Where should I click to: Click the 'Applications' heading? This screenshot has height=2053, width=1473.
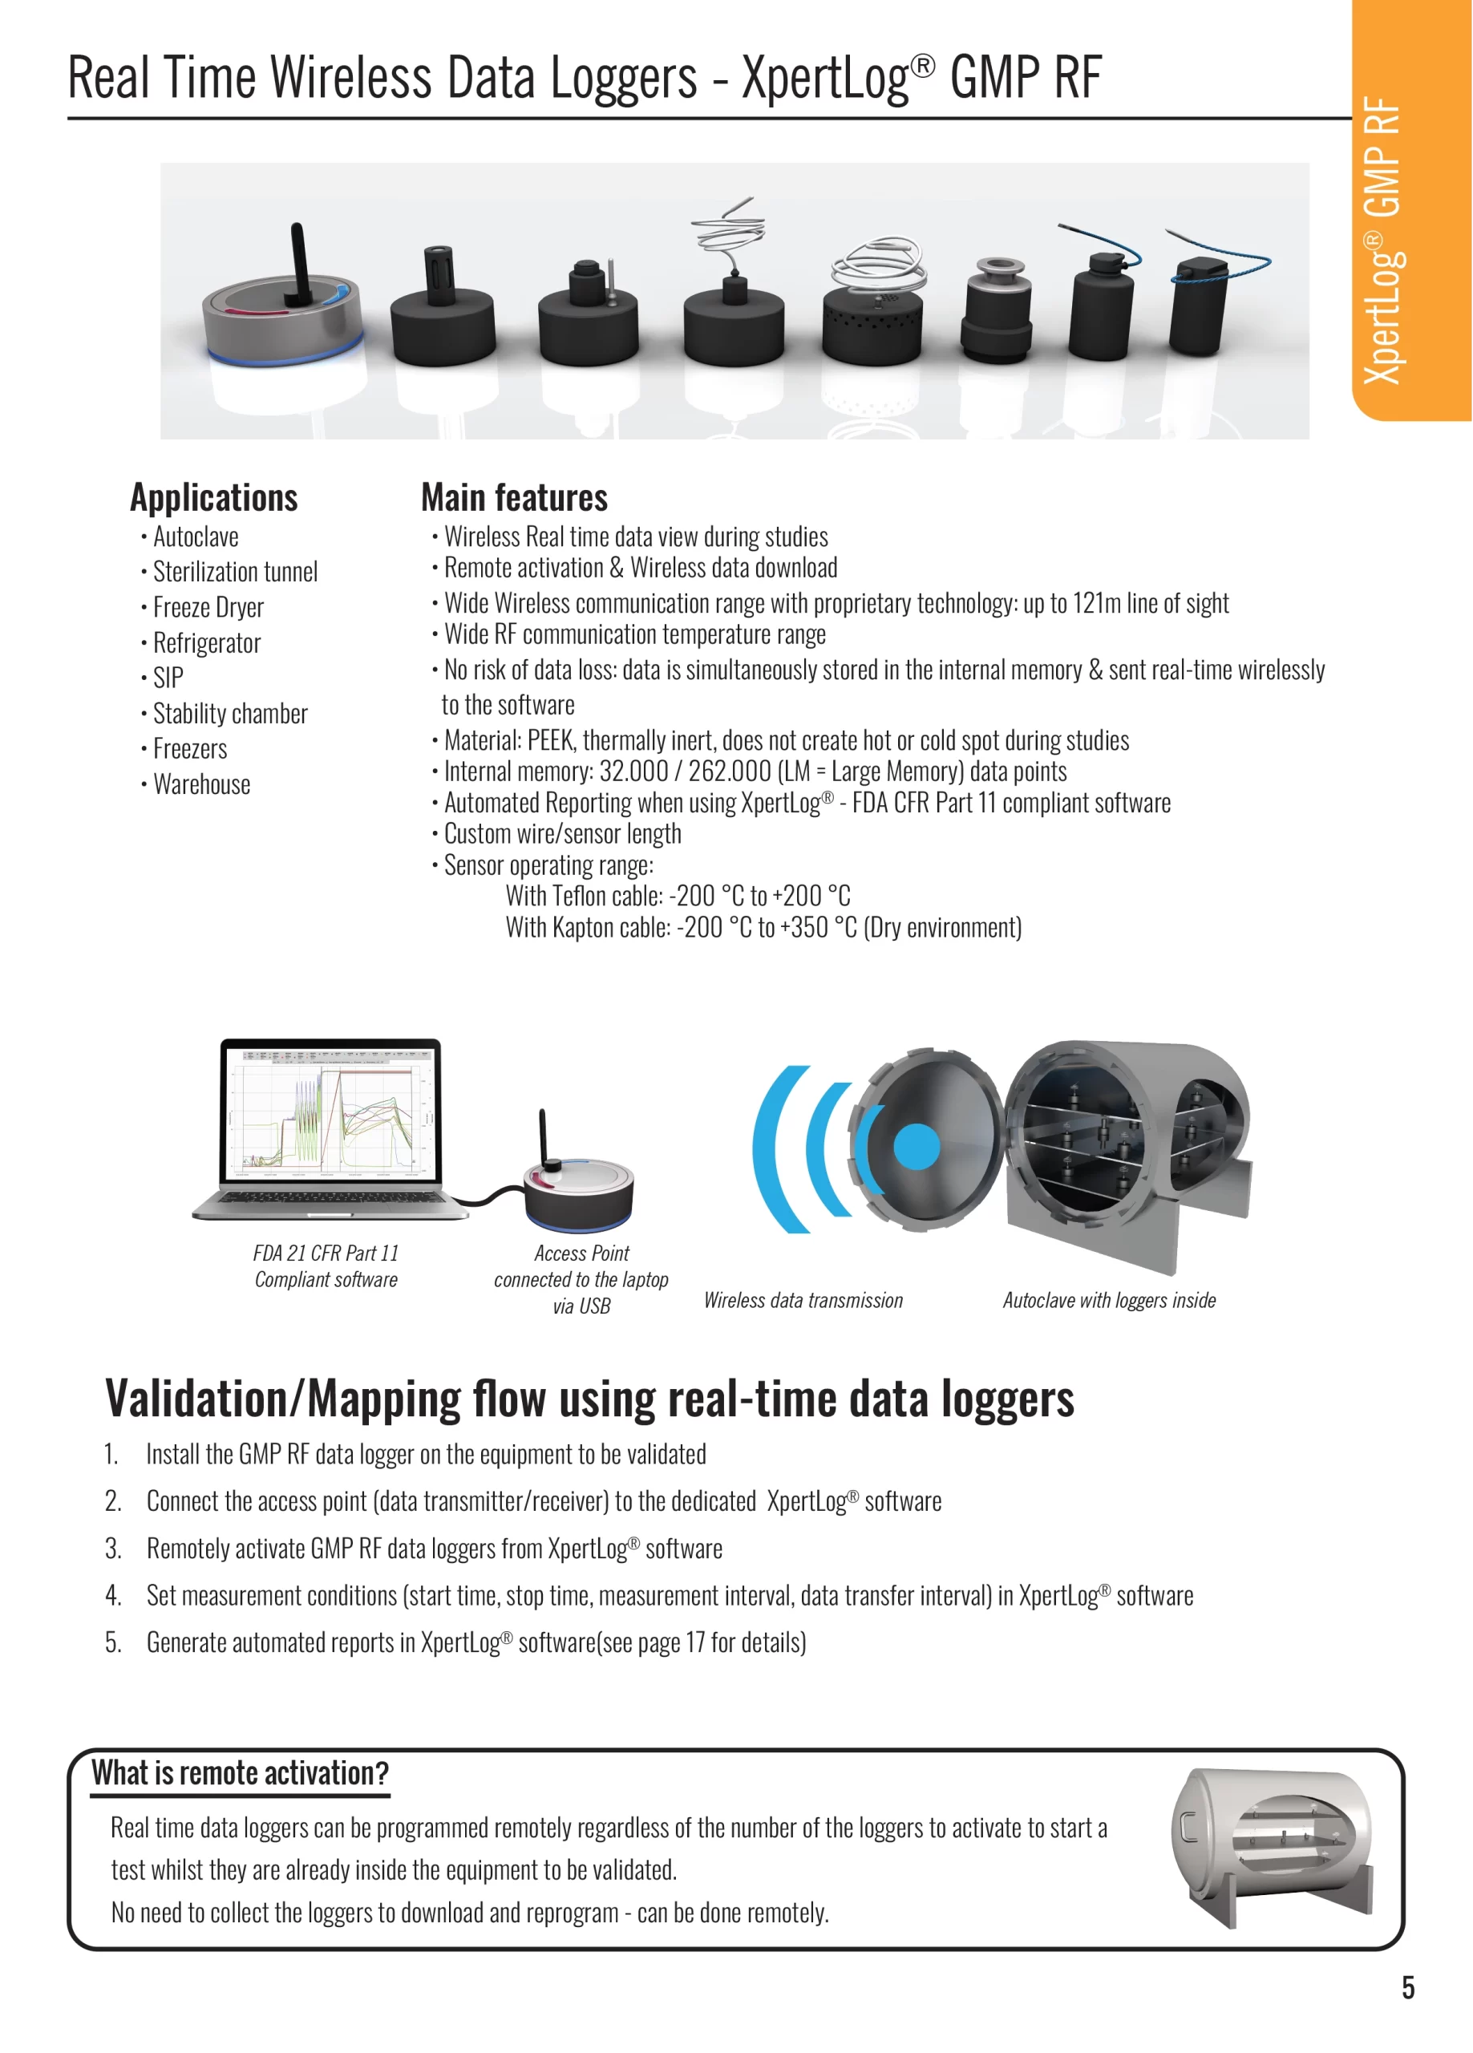point(213,498)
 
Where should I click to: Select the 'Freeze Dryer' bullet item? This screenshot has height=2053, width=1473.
point(208,607)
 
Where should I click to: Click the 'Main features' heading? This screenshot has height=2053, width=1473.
point(514,498)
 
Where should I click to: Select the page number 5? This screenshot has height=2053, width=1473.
point(1408,1988)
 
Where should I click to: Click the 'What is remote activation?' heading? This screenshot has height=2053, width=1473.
point(240,1773)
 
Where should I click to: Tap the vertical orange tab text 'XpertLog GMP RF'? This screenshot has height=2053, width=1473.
point(1382,240)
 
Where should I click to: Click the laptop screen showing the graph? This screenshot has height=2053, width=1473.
point(330,1112)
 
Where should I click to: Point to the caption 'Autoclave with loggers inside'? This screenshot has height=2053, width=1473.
point(1109,1301)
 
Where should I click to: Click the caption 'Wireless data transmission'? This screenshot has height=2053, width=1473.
point(803,1301)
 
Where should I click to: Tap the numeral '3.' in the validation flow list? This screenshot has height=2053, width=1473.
point(112,1549)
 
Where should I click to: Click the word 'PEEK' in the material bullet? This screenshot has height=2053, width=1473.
point(549,740)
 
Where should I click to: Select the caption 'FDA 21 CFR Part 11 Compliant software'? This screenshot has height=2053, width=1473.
point(326,1266)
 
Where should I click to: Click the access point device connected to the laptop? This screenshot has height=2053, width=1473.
point(580,1190)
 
